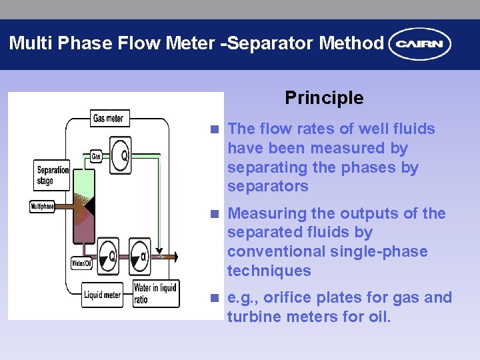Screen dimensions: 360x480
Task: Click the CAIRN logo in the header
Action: (x=420, y=45)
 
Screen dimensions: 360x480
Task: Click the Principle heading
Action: (x=324, y=98)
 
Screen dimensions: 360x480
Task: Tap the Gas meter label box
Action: (x=108, y=119)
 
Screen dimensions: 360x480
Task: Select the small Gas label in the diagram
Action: (x=96, y=156)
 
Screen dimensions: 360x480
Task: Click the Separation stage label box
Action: (x=53, y=175)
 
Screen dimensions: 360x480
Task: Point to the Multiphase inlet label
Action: (x=42, y=207)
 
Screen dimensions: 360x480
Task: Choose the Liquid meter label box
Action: (x=102, y=294)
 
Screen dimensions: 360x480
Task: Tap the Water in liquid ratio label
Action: (x=155, y=293)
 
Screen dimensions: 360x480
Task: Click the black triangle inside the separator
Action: (x=91, y=206)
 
